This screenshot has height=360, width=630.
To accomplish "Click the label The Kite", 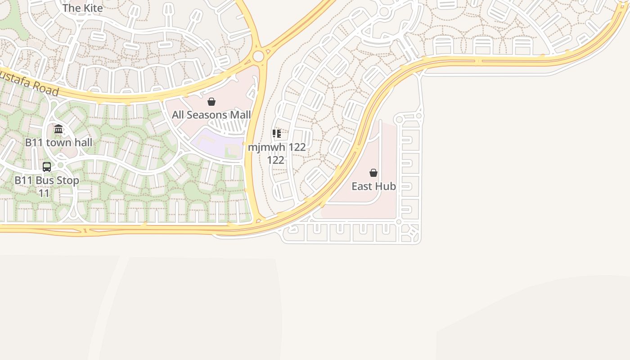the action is click(x=83, y=8).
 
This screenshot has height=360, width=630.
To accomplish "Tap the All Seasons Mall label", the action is click(x=211, y=115).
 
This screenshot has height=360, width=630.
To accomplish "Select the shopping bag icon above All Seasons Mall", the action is click(x=211, y=102).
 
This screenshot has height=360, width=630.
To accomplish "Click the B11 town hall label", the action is click(x=58, y=143).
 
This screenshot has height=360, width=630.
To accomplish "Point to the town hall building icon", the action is click(x=58, y=130).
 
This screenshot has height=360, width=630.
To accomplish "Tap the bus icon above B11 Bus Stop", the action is click(x=47, y=167).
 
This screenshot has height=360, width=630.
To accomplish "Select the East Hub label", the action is click(x=373, y=186).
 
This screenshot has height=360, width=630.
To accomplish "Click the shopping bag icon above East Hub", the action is click(x=373, y=173).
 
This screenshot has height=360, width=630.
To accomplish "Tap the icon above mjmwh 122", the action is click(x=277, y=134).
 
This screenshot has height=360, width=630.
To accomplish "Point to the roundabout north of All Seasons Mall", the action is click(x=258, y=56).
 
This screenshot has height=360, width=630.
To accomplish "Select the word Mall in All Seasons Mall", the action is click(x=240, y=115).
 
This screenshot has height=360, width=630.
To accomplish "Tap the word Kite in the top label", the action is click(x=93, y=8).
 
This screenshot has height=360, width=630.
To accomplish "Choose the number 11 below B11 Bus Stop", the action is click(x=44, y=193).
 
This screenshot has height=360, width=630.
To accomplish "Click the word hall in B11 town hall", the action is click(x=83, y=143).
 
